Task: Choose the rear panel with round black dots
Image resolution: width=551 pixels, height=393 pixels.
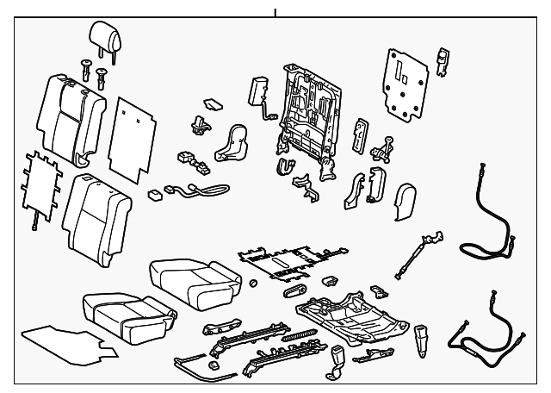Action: click(x=405, y=82)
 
